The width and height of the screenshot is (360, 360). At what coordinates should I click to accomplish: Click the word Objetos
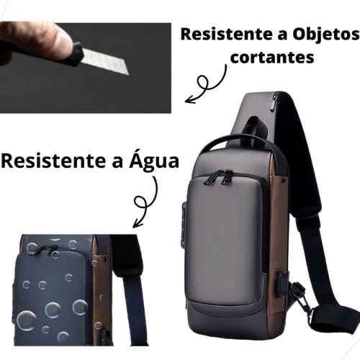pyautogui.click(x=326, y=35)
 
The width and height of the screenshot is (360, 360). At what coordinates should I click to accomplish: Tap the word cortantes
pyautogui.click(x=272, y=57)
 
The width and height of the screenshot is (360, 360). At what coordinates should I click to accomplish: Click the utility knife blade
pyautogui.click(x=105, y=61)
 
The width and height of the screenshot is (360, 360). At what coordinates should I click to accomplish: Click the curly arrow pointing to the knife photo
pyautogui.click(x=206, y=84)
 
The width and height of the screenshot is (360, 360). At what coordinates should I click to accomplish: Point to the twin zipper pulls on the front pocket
pyautogui.click(x=218, y=178)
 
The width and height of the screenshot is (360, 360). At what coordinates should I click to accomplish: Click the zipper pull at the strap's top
pyautogui.click(x=273, y=103)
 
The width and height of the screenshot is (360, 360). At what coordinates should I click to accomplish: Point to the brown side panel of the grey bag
pyautogui.click(x=279, y=240)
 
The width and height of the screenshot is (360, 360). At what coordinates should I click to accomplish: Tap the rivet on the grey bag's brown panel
pyautogui.click(x=284, y=179)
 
